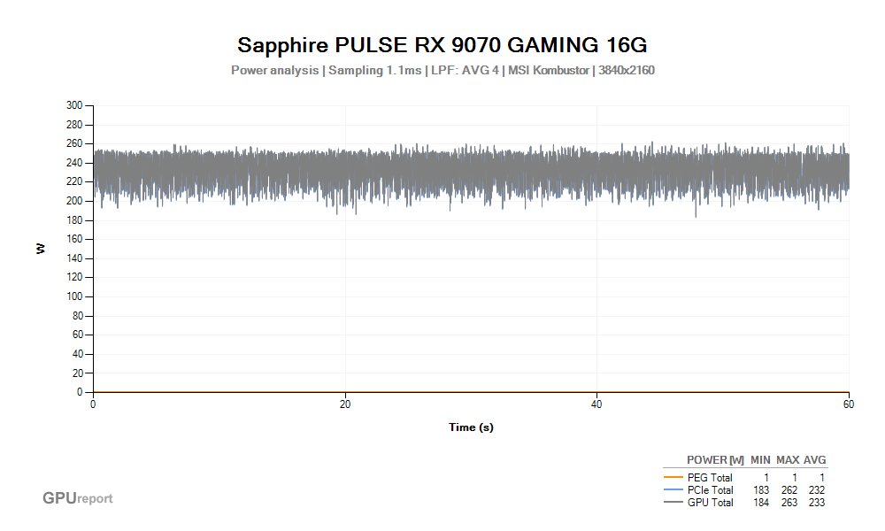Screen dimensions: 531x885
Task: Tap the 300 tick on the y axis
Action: point(74,105)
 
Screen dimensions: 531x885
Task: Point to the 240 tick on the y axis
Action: point(74,163)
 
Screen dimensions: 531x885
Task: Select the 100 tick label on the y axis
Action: point(74,296)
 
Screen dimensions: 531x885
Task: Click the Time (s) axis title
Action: point(471,427)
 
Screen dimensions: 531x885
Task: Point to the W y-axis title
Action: point(41,249)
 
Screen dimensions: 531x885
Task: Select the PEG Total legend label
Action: point(710,478)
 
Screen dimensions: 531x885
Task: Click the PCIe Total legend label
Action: point(710,490)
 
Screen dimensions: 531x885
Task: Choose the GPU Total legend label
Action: point(710,503)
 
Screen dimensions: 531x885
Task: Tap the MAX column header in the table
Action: point(788,460)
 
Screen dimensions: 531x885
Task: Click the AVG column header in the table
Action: point(815,460)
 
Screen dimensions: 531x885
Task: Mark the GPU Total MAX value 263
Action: point(789,503)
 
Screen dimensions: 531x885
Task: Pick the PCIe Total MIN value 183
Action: point(761,490)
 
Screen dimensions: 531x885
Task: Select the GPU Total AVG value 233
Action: point(816,503)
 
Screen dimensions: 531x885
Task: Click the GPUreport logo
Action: point(78,498)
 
